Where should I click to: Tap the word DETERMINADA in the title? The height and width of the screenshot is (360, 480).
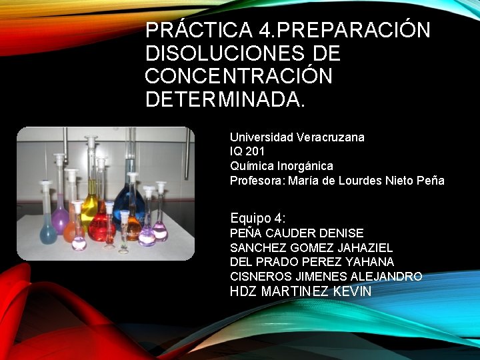tap(225, 99)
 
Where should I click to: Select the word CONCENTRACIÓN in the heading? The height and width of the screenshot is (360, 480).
tap(238, 76)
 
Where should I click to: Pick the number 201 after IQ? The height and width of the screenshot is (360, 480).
tap(255, 151)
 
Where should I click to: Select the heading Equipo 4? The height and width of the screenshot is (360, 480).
tap(257, 218)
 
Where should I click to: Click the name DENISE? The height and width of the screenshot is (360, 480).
tap(341, 233)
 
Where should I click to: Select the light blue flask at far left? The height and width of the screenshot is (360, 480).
tap(47, 231)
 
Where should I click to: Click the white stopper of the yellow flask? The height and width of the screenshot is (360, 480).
tap(91, 141)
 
